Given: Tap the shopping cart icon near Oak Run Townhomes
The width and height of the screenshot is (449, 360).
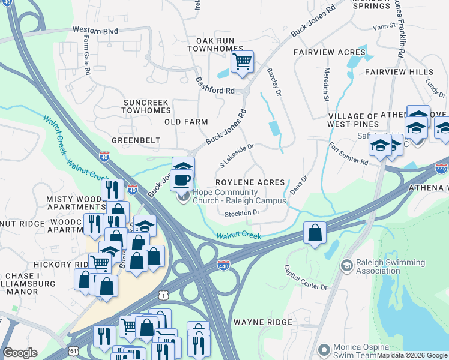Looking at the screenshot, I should click(242, 61).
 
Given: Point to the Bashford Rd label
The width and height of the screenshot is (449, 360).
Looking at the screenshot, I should click(214, 85).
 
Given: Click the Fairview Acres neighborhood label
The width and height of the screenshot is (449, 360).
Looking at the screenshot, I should click(330, 53).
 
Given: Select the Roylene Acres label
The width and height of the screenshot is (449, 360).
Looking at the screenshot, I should click(250, 182).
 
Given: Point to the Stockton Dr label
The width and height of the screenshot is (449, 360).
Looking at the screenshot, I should click(242, 213).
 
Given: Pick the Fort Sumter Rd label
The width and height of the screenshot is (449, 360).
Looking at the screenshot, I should click(348, 154).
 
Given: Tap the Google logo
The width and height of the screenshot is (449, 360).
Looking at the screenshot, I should click(20, 353).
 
